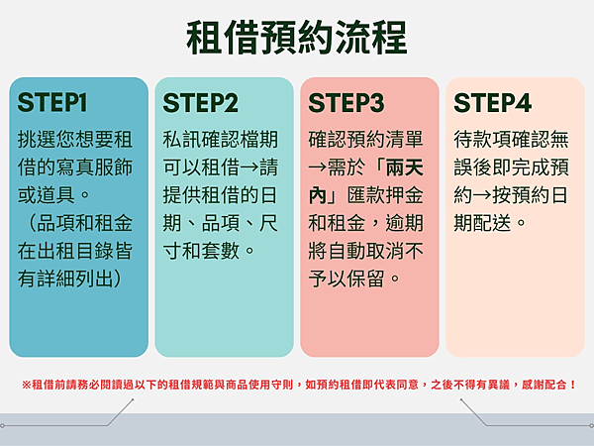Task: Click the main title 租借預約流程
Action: coord(297,38)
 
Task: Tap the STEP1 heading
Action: coord(52,103)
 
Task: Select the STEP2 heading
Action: coord(200,103)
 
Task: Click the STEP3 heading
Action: coord(346,103)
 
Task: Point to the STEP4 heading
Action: coord(492,103)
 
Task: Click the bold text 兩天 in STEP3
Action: coord(404,167)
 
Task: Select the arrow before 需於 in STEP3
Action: coord(318,167)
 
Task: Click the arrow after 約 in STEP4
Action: coord(482,195)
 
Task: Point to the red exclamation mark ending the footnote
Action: coord(572,385)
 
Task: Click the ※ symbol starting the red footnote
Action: coord(26,385)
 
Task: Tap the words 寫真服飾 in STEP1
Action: coord(95,167)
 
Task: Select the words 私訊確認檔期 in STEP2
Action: coord(221,139)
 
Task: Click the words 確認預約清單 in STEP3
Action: coord(366,139)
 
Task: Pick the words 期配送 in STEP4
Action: coord(483,223)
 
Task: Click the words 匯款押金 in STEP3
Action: coord(385,195)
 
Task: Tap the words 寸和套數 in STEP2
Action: coord(201,251)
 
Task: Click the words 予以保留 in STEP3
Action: coord(346,279)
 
